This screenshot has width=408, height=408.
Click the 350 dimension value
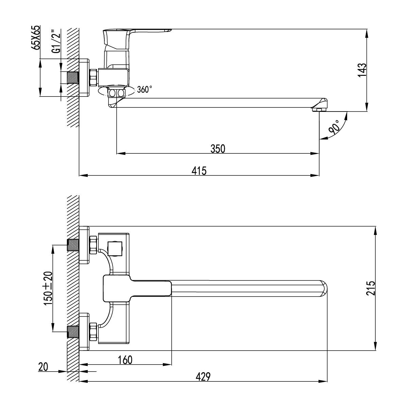point(218,149)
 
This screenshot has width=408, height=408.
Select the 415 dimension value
point(199,171)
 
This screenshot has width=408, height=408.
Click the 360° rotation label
point(144,90)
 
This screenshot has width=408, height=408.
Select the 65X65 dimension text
point(36,37)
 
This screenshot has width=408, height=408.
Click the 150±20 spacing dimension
point(48,288)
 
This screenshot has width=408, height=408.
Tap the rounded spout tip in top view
point(323,288)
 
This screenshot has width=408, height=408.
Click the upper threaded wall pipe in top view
point(73,245)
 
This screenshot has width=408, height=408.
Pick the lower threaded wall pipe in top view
point(73,331)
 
